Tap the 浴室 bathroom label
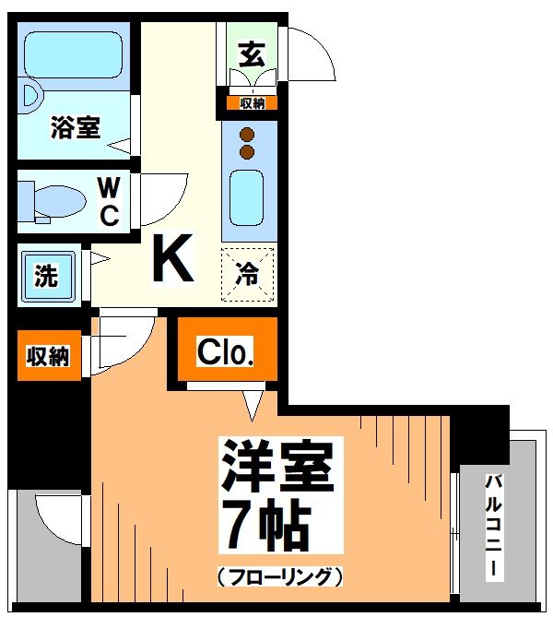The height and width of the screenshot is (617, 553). tap(75, 127)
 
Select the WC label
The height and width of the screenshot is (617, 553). tap(109, 203)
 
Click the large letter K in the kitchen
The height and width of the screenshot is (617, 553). tap(173, 260)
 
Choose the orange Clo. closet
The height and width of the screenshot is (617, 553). tap(225, 352)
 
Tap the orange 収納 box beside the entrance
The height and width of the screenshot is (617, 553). tap(252, 103)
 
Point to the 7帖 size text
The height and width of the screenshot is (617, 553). tap(265, 527)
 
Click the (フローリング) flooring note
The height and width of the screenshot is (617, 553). tap(280, 577)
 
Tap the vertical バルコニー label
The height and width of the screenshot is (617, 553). tap(495, 527)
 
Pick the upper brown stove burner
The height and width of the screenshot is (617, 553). tap(246, 133)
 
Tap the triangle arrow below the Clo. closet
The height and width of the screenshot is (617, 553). tap(252, 402)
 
